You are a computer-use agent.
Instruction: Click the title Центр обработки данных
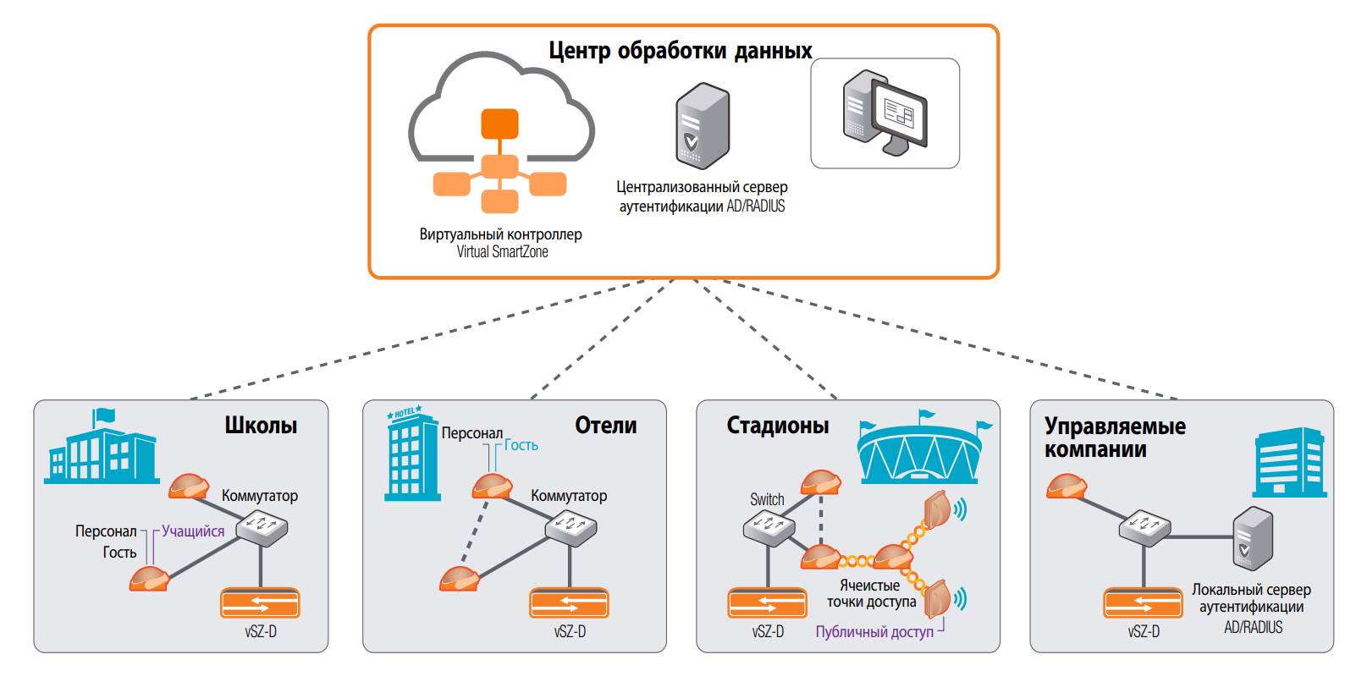click(680, 50)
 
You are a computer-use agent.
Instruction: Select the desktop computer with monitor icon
click(885, 114)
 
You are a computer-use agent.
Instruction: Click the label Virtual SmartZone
click(502, 252)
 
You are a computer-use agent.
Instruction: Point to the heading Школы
click(261, 425)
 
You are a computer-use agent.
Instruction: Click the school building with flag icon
click(101, 448)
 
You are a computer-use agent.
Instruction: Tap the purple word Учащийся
click(193, 531)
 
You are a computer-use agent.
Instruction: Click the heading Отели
click(605, 425)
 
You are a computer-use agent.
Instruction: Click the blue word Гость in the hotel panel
click(521, 445)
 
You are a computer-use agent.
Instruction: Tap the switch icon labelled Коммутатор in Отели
click(571, 528)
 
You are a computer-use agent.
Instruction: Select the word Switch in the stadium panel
click(767, 499)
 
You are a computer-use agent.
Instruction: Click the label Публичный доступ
click(874, 632)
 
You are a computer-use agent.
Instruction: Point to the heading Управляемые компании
click(1114, 437)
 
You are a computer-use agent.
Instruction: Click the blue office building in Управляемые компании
click(1289, 462)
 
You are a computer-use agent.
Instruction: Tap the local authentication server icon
click(1252, 538)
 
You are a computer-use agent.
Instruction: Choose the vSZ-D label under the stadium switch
click(768, 632)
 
